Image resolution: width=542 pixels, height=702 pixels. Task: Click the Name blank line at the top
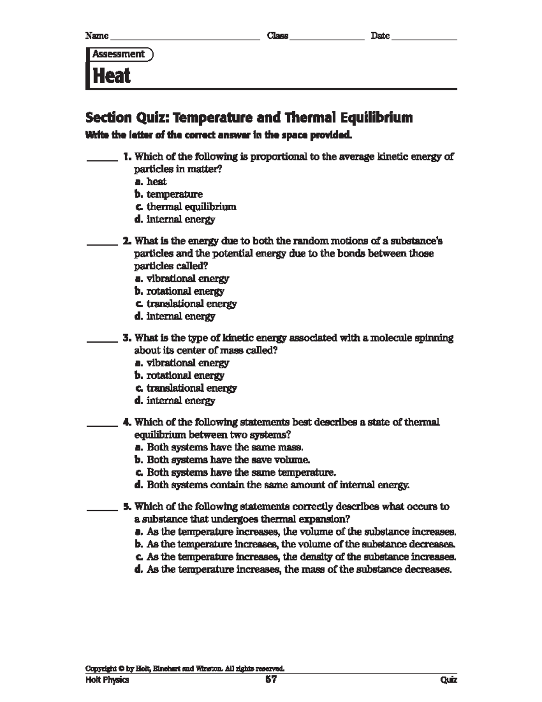184,39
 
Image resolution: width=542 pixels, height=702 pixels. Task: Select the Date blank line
424,39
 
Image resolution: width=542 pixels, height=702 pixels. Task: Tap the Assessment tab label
119,54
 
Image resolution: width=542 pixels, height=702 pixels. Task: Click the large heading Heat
112,75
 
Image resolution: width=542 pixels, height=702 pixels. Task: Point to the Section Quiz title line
249,118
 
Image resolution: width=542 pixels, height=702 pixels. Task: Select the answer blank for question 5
102,509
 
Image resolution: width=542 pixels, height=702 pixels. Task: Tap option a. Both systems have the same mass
219,448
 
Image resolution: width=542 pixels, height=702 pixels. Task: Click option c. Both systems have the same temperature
235,473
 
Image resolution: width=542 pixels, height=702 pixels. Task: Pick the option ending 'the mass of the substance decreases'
293,570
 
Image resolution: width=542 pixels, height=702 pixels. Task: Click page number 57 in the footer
271,679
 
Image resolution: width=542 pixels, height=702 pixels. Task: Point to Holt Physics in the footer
107,680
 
